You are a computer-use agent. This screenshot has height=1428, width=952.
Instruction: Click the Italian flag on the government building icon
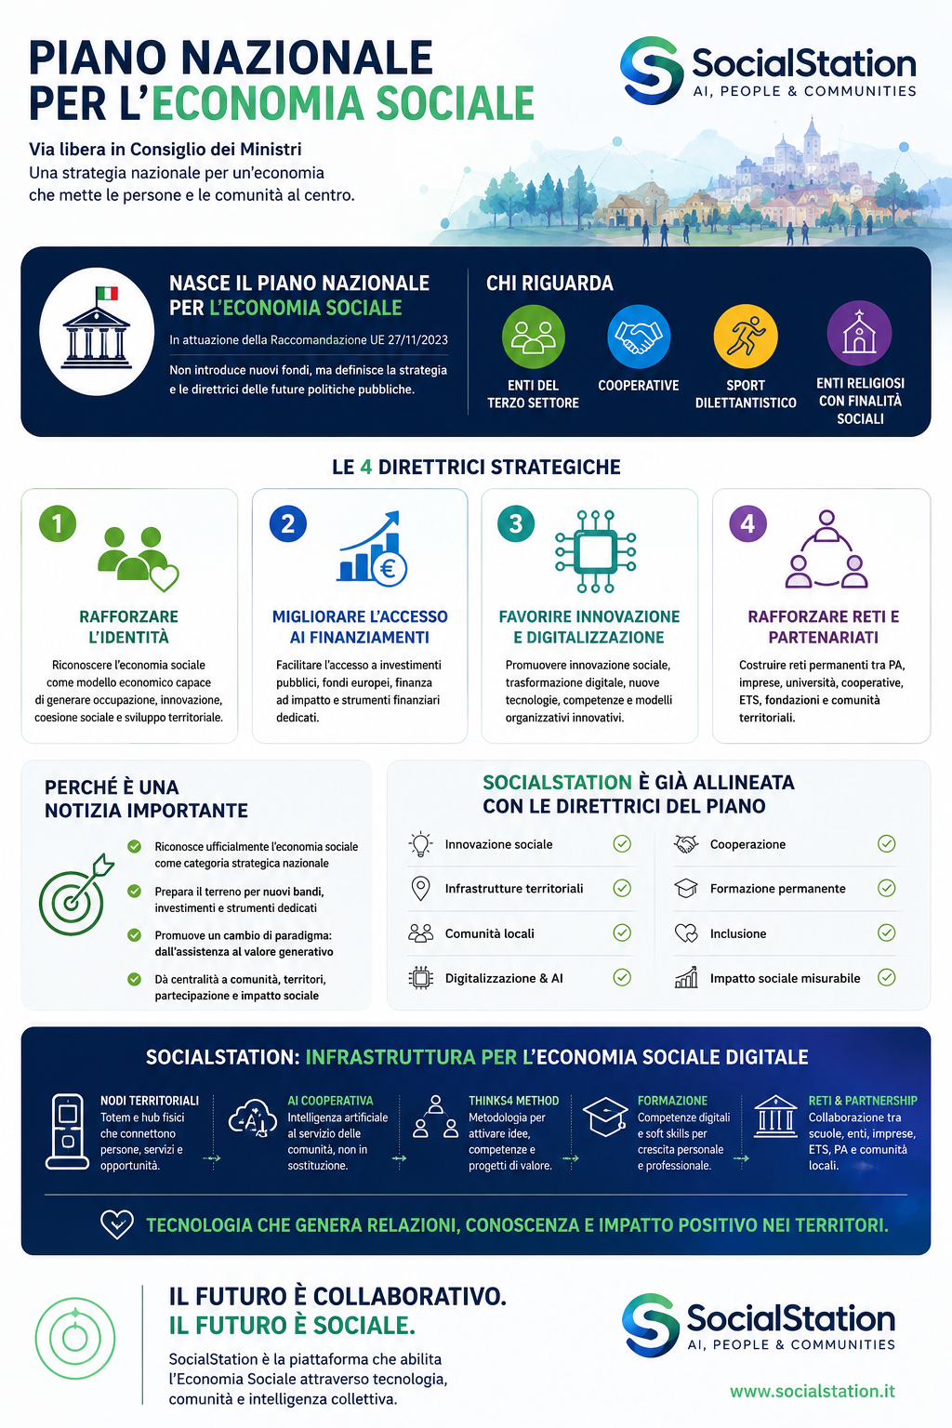coord(107,293)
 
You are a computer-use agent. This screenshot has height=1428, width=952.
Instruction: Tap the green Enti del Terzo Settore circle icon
coord(533,337)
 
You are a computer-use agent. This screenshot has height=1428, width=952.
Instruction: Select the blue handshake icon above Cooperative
coord(639,337)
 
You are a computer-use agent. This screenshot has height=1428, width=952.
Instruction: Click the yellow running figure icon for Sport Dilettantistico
coord(746,337)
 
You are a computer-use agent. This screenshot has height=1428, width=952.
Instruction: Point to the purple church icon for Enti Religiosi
coord(859,333)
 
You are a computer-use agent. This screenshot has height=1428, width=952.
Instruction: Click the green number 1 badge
coord(58,523)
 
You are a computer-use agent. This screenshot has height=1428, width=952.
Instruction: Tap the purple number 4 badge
coord(748,523)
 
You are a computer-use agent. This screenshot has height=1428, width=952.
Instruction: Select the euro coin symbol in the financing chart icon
coord(389,568)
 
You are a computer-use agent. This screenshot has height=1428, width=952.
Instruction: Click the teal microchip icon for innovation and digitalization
coord(595,551)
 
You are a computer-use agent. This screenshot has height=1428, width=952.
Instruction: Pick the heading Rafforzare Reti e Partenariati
coord(823,627)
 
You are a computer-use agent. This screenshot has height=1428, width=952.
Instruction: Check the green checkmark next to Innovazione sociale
coord(622,844)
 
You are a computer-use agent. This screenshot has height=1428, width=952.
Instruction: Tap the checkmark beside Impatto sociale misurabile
coord(886,977)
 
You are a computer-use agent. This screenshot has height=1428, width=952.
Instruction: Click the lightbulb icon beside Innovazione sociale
coord(421,844)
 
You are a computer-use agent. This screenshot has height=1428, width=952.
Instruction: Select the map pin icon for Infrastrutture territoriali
coord(420,889)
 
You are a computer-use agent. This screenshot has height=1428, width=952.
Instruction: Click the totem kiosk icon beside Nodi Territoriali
coord(68,1131)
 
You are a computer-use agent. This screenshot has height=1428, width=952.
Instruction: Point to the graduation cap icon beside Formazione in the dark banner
coord(605,1117)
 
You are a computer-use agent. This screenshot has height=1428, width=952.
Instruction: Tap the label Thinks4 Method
coord(513,1101)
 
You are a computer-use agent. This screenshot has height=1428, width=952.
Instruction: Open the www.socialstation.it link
coord(812,1391)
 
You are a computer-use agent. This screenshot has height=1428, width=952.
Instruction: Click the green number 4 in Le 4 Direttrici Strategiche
coord(365,467)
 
